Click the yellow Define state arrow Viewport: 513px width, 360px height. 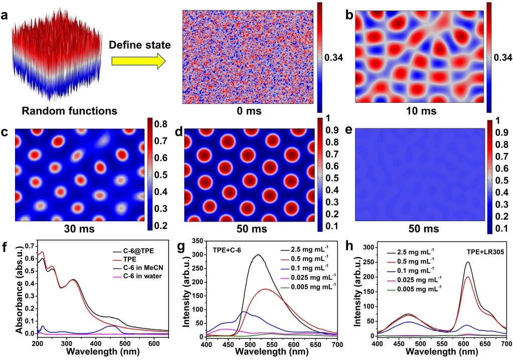138,62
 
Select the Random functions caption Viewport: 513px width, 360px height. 63,110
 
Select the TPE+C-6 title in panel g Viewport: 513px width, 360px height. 229,250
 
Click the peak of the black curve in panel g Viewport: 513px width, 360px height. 258,255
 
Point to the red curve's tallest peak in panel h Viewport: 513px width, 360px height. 467,277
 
